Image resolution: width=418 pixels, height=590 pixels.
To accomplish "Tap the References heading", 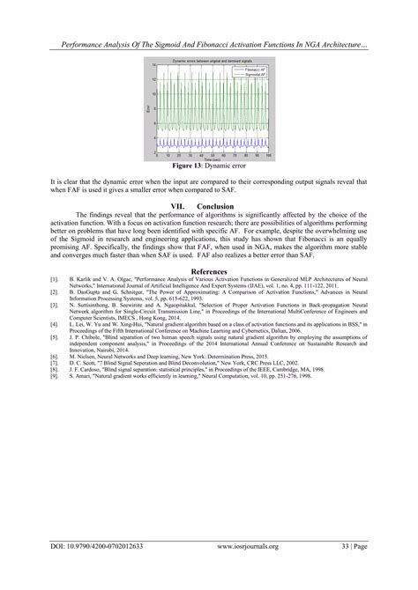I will (x=209, y=272).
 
